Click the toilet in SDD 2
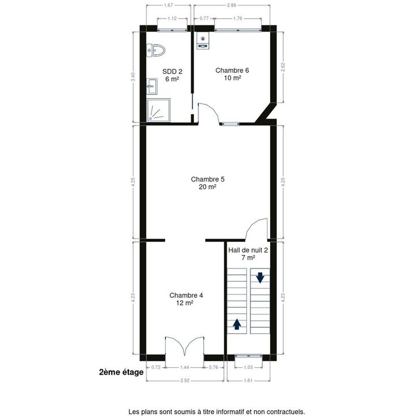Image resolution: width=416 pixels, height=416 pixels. pos(156,50)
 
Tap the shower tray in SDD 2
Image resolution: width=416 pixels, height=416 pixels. pos(158,110)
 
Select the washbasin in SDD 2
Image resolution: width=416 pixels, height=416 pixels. pos(151,86)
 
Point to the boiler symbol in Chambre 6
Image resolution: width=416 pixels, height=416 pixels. pos(203,41)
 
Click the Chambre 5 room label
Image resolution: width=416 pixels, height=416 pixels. pos(207,183)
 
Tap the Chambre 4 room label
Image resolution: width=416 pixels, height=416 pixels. pos(186,299)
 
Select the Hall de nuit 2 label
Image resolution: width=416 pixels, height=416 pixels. pos(248,254)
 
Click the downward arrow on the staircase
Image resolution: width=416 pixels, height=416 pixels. pos(260,278)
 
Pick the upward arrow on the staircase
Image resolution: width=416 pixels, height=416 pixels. pos(237,324)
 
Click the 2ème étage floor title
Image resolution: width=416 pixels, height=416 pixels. pos(122,372)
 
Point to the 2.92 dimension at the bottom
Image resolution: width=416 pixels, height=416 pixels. pos(185,380)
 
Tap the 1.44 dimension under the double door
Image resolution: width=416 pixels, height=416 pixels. pos(184,367)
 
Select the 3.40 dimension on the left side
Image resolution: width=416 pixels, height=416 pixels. pos(133,77)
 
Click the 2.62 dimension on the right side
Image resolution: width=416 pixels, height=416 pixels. pos(283,67)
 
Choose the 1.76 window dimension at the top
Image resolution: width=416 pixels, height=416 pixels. pos(238,18)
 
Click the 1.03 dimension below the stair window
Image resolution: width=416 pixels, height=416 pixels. pos(248,367)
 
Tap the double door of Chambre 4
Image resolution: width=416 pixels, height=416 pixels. pos(185,345)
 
